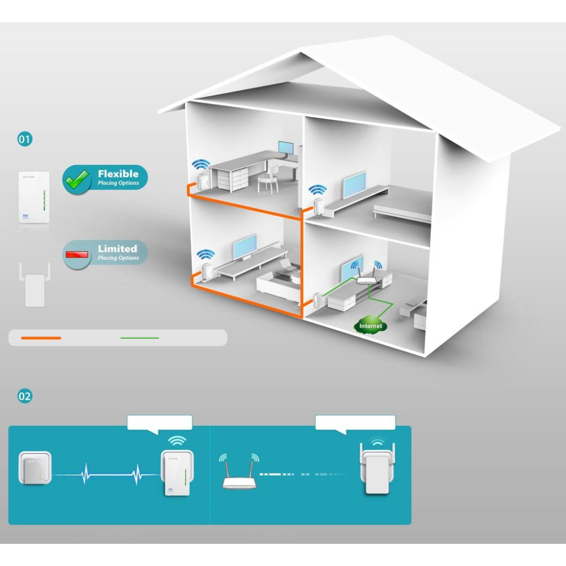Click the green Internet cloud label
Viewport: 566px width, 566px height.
point(370,325)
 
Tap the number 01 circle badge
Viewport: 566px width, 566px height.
point(25,139)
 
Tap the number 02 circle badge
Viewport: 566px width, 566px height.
point(25,396)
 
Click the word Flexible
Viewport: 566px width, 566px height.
point(118,174)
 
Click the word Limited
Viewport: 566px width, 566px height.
point(117,248)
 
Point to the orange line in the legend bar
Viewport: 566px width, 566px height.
point(41,338)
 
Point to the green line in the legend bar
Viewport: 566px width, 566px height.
point(140,338)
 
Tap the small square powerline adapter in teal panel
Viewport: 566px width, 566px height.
point(36,468)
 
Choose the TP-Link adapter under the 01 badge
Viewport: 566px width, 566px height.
point(34,198)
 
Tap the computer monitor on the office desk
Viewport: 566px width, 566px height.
point(286,149)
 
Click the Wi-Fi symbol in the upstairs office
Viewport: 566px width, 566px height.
point(200,165)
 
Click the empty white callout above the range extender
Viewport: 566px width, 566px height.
point(355,422)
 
